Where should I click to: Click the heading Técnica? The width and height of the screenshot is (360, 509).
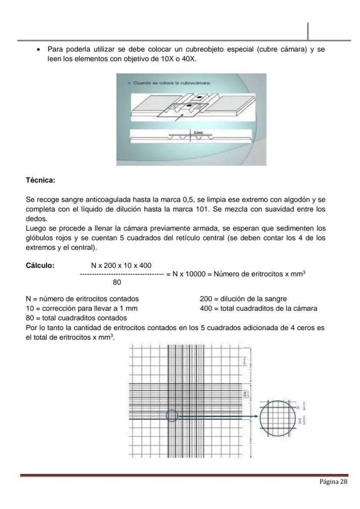pyautogui.click(x=40, y=180)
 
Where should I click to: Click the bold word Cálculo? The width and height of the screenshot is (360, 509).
pyautogui.click(x=40, y=266)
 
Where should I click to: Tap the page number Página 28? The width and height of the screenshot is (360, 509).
pyautogui.click(x=333, y=482)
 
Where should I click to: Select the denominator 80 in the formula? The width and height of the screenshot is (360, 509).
pyautogui.click(x=117, y=282)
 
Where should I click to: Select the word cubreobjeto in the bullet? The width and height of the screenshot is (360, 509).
pyautogui.click(x=204, y=49)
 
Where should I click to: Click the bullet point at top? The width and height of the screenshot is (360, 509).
pyautogui.click(x=39, y=50)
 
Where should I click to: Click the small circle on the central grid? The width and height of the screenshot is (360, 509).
pyautogui.click(x=172, y=415)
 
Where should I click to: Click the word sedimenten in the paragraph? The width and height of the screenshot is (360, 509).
pyautogui.click(x=290, y=228)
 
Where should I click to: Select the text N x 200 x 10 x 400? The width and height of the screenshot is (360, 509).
pyautogui.click(x=121, y=265)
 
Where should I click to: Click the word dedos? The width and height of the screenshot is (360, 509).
pyautogui.click(x=36, y=219)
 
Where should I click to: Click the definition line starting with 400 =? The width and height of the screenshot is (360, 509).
pyautogui.click(x=258, y=308)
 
